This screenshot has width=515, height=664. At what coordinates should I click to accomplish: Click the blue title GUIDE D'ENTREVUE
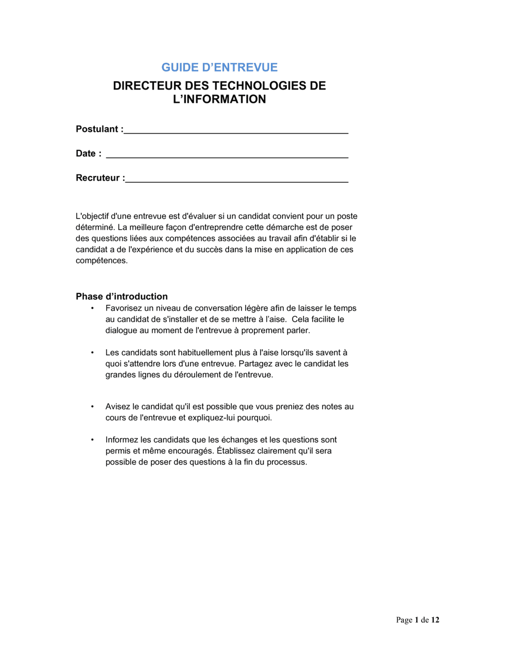(219, 67)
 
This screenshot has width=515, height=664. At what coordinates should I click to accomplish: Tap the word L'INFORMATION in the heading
(219, 99)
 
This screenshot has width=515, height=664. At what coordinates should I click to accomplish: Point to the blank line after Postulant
(236, 132)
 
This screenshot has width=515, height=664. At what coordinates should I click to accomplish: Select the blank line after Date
(227, 156)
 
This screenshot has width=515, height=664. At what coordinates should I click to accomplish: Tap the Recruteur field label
(98, 178)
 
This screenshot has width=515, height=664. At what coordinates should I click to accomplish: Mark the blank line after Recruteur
(237, 181)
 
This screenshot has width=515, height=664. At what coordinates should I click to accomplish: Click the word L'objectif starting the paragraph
(92, 216)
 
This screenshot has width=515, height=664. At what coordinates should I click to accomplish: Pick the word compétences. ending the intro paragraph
(101, 260)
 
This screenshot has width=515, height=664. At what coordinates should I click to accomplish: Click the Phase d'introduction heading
(122, 296)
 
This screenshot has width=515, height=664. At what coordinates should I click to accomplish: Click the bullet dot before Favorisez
(93, 308)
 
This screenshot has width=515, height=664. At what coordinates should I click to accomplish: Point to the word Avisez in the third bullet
(117, 407)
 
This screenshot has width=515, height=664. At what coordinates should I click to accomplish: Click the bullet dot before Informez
(93, 440)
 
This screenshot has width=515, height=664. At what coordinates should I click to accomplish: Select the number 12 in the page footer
(435, 620)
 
